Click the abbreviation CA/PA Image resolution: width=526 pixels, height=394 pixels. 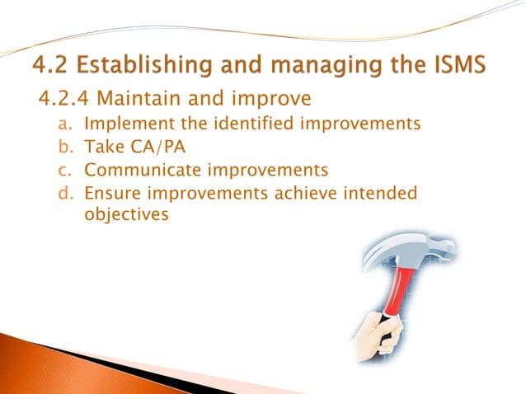click(154, 148)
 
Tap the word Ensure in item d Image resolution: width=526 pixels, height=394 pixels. click(110, 194)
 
